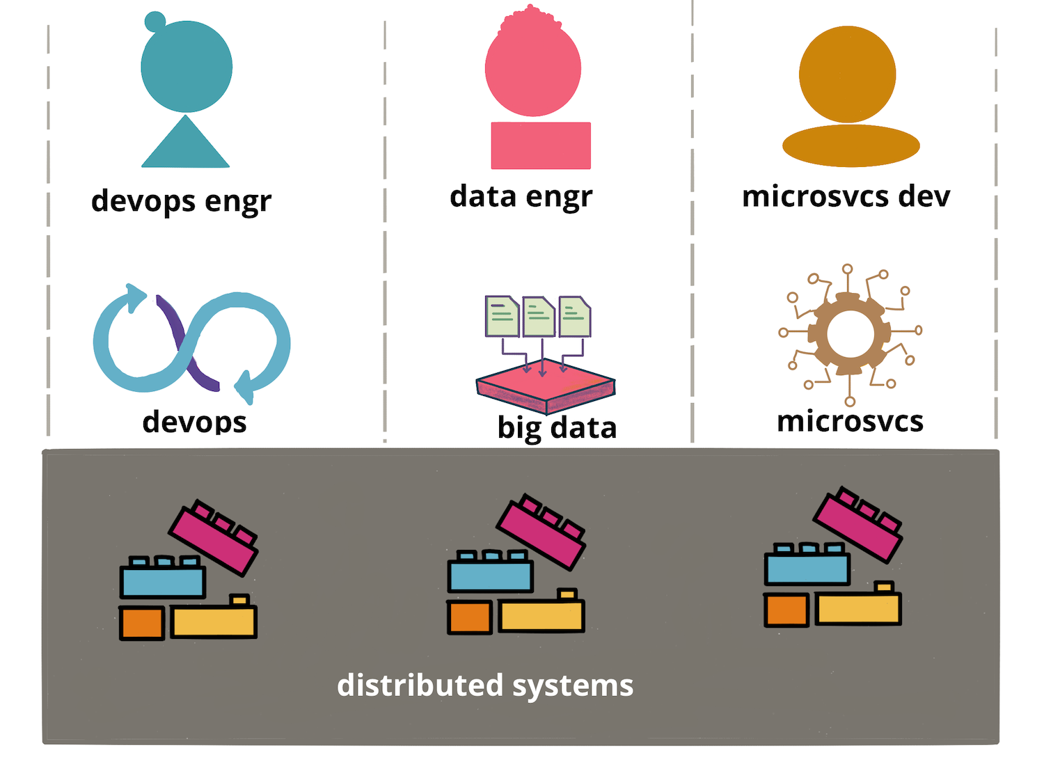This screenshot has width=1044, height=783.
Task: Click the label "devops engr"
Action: click(181, 202)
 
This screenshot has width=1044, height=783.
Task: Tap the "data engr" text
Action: click(521, 197)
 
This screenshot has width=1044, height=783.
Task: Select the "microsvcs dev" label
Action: click(846, 197)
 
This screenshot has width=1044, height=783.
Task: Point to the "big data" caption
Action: click(557, 428)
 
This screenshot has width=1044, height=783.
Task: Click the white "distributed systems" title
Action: click(485, 686)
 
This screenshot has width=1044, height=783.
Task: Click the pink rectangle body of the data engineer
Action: click(541, 145)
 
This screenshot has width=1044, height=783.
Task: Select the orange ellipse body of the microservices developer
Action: click(851, 146)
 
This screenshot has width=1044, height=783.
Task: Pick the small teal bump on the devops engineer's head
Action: click(155, 22)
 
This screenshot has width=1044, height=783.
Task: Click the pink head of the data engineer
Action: click(533, 70)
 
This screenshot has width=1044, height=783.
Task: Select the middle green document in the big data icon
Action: click(538, 317)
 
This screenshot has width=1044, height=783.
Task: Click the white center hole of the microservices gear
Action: click(849, 333)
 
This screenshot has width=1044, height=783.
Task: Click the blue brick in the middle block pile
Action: click(491, 576)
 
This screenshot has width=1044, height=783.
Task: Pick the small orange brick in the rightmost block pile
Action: click(786, 610)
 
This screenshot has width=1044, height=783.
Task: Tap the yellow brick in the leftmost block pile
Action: click(214, 622)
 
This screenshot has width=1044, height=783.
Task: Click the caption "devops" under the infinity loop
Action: click(194, 422)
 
